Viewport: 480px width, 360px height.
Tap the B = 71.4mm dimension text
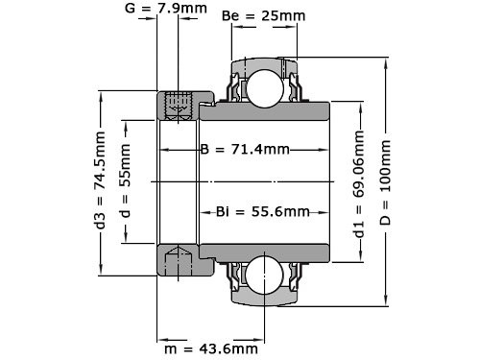tap(246, 151)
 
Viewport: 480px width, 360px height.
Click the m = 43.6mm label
tap(215, 349)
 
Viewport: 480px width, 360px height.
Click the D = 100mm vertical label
tap(386, 179)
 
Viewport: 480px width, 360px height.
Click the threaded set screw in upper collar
tap(177, 106)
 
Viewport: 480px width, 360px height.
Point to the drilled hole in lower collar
tap(177, 256)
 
